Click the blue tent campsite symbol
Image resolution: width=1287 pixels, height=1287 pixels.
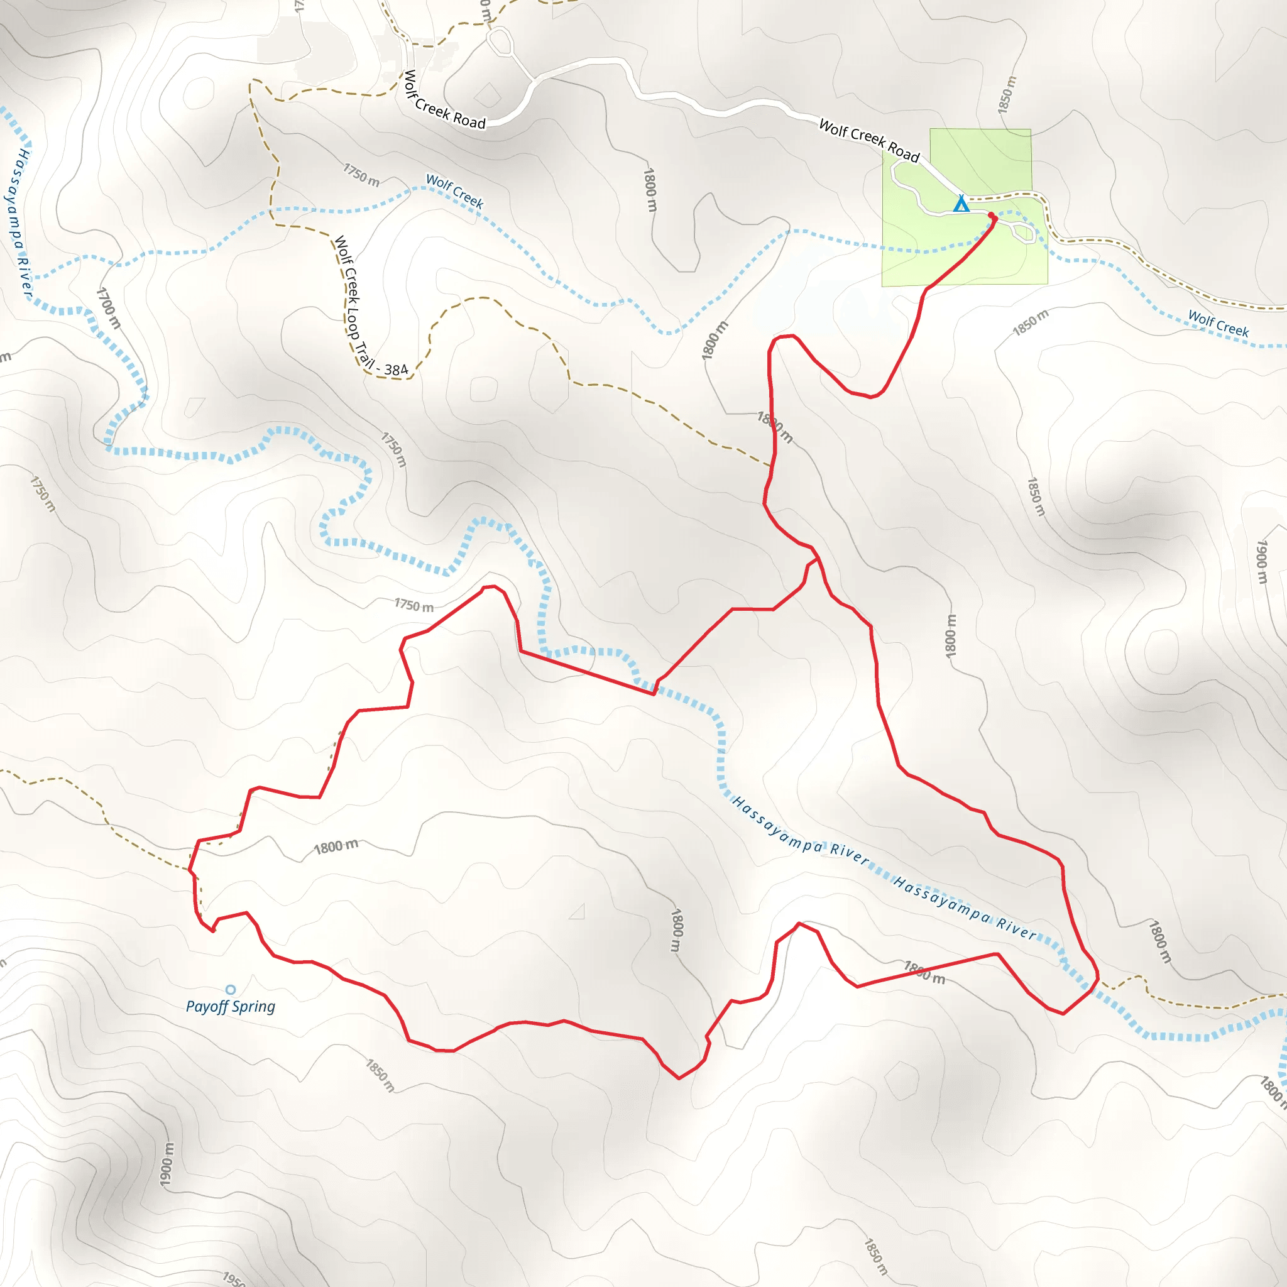(x=961, y=203)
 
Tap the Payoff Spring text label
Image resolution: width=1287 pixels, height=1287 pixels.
(x=231, y=1006)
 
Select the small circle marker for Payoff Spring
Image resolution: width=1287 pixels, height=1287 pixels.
(x=231, y=989)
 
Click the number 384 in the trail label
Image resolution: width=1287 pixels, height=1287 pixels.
(x=396, y=370)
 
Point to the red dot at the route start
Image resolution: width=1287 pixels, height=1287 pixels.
(x=991, y=215)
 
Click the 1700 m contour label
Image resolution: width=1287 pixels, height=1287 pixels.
(x=109, y=308)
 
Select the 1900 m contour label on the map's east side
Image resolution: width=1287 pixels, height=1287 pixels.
(x=1262, y=562)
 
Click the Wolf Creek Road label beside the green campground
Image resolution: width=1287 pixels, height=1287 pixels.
(x=868, y=140)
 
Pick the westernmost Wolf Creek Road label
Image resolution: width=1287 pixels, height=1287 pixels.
(x=444, y=100)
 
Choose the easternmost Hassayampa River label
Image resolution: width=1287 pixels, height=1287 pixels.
(x=965, y=907)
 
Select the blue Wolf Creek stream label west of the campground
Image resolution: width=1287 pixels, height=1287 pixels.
(x=454, y=191)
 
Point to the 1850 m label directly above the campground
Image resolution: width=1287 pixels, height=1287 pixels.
(x=1007, y=95)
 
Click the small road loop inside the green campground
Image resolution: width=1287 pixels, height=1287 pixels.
(x=1023, y=233)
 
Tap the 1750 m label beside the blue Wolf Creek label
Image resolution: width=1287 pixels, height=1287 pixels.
(x=361, y=175)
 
